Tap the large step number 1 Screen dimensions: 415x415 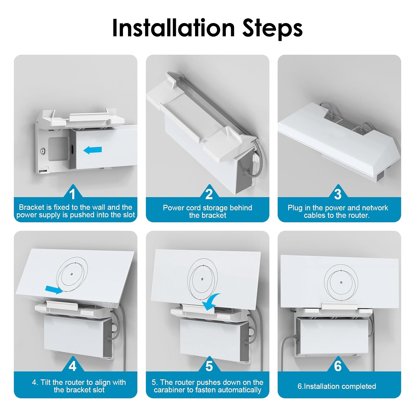point(72,194)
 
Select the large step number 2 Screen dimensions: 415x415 point(209,194)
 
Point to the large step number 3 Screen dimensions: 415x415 point(338,194)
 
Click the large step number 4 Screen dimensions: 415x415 point(72,366)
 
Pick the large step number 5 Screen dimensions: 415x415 point(209,366)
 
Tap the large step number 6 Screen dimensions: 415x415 point(338,366)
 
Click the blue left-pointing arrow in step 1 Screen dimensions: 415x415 point(93,150)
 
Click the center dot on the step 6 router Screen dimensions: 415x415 point(341,282)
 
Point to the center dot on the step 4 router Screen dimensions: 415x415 point(72,274)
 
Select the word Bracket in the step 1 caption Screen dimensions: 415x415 point(31,207)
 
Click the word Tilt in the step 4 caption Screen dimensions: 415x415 point(45,382)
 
